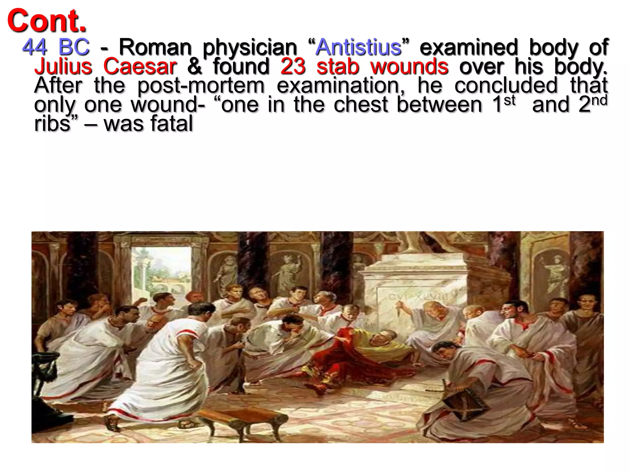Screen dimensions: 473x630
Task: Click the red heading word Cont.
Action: point(47,21)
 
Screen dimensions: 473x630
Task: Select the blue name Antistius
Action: point(359,47)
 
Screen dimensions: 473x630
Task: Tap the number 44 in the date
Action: point(35,47)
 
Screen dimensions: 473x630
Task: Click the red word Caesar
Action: point(140,67)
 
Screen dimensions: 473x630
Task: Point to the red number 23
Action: point(293,67)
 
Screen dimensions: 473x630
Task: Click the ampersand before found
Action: point(194,67)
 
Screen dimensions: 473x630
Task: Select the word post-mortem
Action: point(201,86)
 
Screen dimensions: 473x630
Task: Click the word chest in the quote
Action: point(361,105)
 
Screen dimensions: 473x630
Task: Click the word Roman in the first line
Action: point(155,47)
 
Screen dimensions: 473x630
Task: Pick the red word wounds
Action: point(409,67)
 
